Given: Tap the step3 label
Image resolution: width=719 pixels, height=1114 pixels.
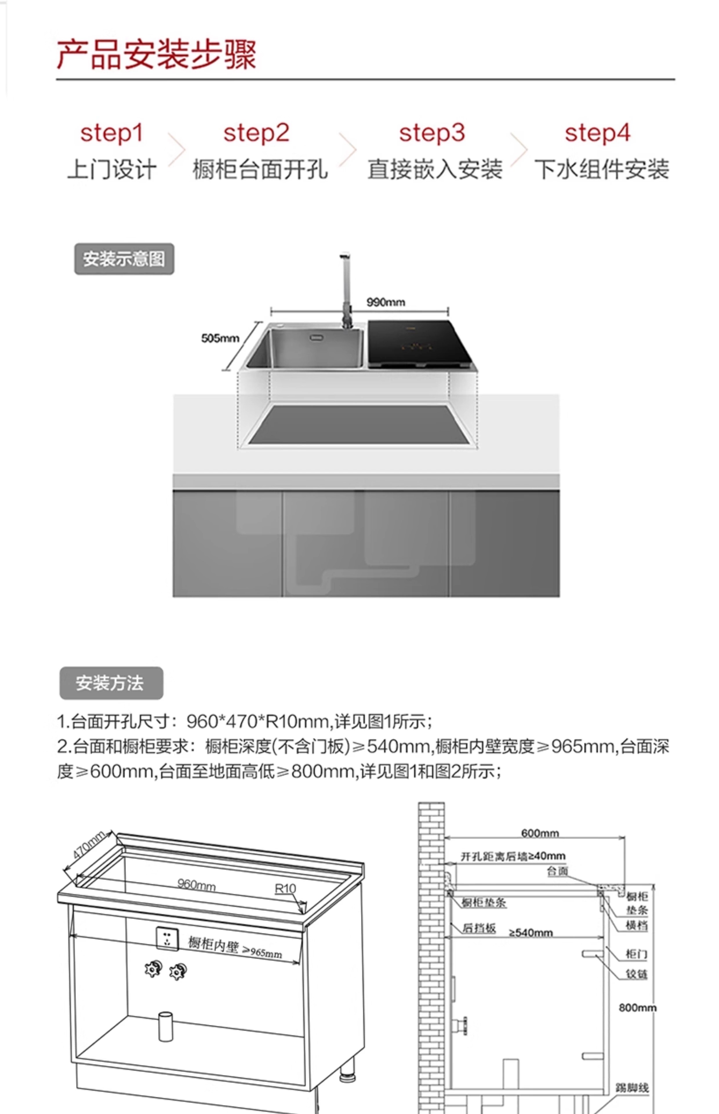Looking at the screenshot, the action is (432, 133).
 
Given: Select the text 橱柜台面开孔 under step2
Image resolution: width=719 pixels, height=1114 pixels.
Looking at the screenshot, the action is (260, 169).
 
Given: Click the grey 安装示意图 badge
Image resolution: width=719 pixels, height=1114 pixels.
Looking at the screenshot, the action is (124, 259).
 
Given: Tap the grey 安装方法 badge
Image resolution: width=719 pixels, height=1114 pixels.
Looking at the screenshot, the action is (111, 683).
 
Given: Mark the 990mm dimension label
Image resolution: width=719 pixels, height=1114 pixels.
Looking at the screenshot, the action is (386, 302).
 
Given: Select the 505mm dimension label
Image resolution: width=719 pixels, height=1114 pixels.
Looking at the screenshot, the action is (220, 338).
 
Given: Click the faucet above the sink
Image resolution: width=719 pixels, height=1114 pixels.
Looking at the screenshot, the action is (346, 290).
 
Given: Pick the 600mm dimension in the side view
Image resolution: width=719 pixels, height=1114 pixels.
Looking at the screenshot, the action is (540, 833).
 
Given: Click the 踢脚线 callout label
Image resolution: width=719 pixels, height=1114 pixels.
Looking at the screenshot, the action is (632, 1087).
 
